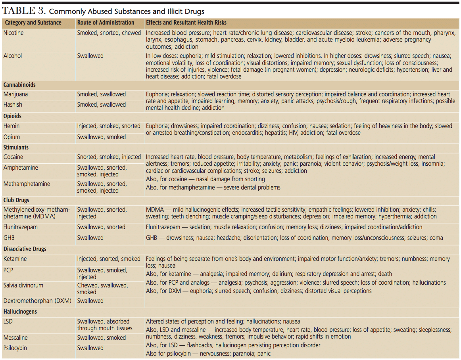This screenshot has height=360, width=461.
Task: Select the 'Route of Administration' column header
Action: [106, 23]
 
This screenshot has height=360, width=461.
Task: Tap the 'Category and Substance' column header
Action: [33, 23]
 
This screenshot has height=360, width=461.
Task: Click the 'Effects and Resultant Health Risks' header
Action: [186, 23]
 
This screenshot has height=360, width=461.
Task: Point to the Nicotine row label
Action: [13, 33]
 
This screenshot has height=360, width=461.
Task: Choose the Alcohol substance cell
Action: [13, 56]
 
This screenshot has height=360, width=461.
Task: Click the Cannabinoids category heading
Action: [19, 85]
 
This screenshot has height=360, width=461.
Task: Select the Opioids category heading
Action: [12, 116]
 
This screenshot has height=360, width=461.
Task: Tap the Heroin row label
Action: [12, 126]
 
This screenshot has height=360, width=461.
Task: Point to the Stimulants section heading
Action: [16, 147]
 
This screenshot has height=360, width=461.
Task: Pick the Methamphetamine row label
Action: [27, 184]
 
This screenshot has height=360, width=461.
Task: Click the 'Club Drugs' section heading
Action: [16, 200]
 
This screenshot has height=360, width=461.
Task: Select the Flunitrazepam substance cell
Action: [21, 227]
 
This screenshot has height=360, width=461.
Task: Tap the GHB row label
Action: [9, 238]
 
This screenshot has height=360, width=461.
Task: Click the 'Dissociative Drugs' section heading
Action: [25, 249]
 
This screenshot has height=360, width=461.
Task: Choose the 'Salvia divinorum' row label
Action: [23, 285]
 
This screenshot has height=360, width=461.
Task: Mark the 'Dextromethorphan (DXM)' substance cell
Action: [37, 301]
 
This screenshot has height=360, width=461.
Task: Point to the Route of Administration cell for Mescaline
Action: [101, 338]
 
